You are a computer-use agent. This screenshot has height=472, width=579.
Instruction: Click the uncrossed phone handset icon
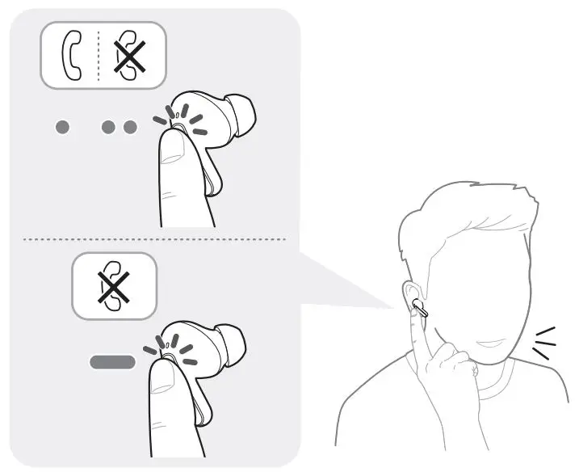71,55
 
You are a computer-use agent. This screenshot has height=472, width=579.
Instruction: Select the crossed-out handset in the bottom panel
114,286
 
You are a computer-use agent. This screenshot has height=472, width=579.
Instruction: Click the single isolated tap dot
63,128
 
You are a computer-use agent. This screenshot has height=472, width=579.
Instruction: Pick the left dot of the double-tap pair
109,128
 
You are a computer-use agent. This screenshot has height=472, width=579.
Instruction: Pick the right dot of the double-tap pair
130,128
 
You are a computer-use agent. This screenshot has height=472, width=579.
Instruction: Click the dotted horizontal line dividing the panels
153,239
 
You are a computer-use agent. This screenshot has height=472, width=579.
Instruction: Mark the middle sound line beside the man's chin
545,343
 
